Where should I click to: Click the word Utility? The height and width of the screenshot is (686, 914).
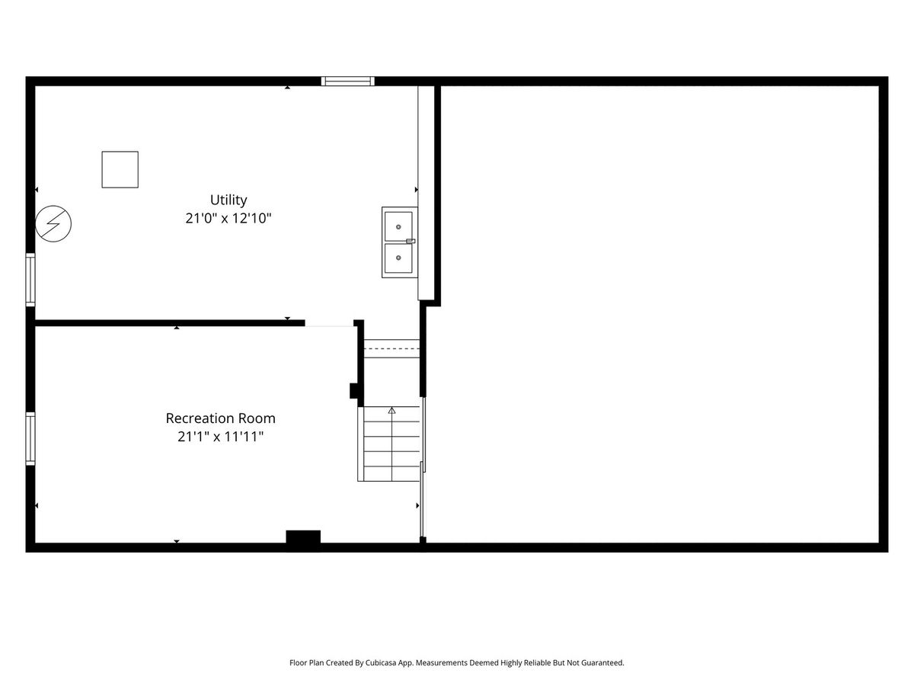point(228,200)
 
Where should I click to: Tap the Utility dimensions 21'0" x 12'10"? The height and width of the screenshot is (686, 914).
point(228,218)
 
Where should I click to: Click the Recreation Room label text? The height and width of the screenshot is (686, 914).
point(220,418)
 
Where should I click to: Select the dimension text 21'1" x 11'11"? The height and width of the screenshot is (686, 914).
point(220,437)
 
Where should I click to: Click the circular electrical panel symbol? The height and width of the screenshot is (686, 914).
point(53,223)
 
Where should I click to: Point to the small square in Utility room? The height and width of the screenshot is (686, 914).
point(120,169)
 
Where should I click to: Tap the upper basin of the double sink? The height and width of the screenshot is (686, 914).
point(398,226)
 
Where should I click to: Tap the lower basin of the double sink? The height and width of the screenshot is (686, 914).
point(398,258)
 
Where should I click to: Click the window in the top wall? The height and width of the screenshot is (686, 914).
point(347,81)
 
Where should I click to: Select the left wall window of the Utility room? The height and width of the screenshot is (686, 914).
point(30,280)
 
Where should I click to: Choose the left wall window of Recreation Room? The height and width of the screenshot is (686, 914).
point(30,438)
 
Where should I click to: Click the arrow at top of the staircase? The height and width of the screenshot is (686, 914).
point(391,411)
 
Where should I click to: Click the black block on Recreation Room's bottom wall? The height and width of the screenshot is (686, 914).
point(303,537)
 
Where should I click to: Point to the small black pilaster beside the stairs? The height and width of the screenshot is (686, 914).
point(353,391)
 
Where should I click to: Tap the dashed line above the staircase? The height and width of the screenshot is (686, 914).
point(391,348)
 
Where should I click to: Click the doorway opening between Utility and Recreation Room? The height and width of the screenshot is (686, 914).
point(329,323)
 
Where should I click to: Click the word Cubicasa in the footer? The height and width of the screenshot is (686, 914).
point(381,662)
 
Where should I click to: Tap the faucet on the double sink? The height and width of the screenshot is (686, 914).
point(411,241)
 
